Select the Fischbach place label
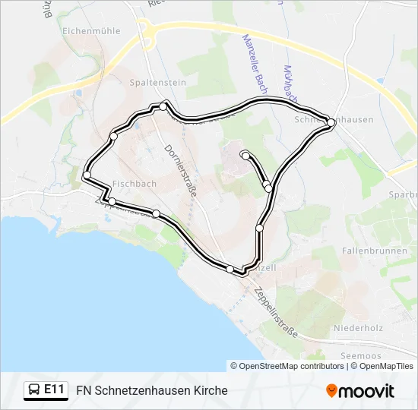[x=134, y=184]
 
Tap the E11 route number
[x=54, y=390]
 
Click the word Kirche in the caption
[x=211, y=391]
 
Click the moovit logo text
[x=367, y=391]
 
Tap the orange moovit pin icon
[x=331, y=390]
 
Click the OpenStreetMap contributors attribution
[x=287, y=366]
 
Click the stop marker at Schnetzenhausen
[x=331, y=122]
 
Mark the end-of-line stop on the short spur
[x=245, y=156]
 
